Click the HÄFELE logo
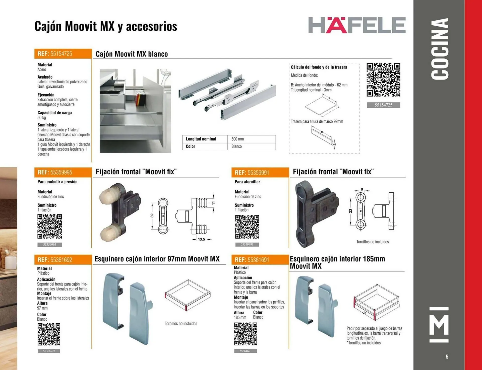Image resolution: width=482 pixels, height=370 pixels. [357, 25]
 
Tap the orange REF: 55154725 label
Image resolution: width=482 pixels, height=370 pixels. [63, 54]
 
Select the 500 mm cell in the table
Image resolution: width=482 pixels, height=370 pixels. [252, 139]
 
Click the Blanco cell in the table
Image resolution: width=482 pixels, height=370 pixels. [252, 146]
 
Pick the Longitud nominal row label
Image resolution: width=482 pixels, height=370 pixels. [201, 139]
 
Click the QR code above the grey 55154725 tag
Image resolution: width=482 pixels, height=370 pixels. [383, 80]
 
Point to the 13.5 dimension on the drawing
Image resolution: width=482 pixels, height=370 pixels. [201, 239]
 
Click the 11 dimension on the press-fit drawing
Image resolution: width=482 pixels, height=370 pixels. [213, 203]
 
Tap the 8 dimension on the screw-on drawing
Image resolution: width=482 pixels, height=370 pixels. [362, 189]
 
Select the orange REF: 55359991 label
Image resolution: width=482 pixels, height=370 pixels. [260, 172]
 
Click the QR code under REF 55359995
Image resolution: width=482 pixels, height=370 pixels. [50, 226]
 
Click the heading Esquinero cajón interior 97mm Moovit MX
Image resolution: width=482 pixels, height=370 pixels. [157, 259]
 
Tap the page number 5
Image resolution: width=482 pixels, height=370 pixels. [447, 357]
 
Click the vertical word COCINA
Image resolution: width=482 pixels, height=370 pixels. [440, 49]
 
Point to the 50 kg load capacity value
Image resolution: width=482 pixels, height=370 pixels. [42, 118]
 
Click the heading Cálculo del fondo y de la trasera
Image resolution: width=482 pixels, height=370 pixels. [319, 67]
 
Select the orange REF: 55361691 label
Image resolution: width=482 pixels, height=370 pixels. [260, 260]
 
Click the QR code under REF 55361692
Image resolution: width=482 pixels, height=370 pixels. [49, 334]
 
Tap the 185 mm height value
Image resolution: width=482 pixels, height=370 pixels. [240, 317]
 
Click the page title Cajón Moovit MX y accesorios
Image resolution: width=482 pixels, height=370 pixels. [106, 26]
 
